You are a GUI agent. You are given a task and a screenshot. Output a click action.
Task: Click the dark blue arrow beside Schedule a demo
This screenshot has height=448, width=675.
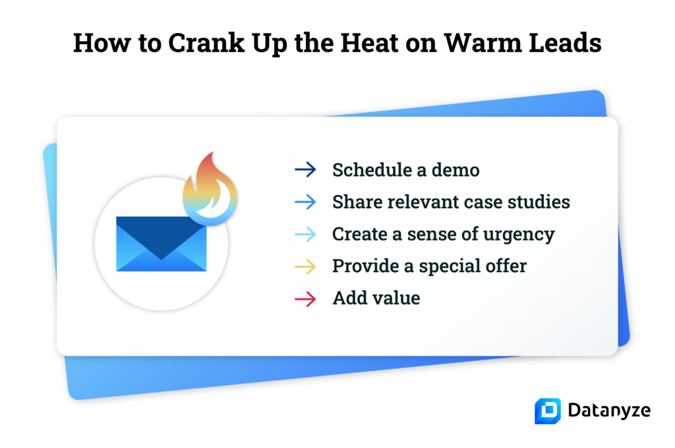click(x=306, y=170)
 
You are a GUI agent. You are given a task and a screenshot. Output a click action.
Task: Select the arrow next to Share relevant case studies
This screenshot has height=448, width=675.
click(x=306, y=202)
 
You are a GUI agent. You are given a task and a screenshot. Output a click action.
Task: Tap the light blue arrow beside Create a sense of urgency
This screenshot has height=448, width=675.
click(x=306, y=234)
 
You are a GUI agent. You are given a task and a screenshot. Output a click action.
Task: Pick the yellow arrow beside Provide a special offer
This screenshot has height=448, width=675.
click(x=306, y=266)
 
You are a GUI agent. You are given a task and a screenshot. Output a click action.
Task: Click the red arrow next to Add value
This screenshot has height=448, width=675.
click(x=306, y=298)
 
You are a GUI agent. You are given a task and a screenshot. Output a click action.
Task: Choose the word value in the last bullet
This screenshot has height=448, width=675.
click(x=396, y=298)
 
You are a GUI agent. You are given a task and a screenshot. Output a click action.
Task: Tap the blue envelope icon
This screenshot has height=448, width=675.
click(x=161, y=244)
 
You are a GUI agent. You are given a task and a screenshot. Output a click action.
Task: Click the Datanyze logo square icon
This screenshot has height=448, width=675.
click(x=547, y=410)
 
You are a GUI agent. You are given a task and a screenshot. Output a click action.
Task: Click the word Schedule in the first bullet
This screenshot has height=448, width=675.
click(x=371, y=170)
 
